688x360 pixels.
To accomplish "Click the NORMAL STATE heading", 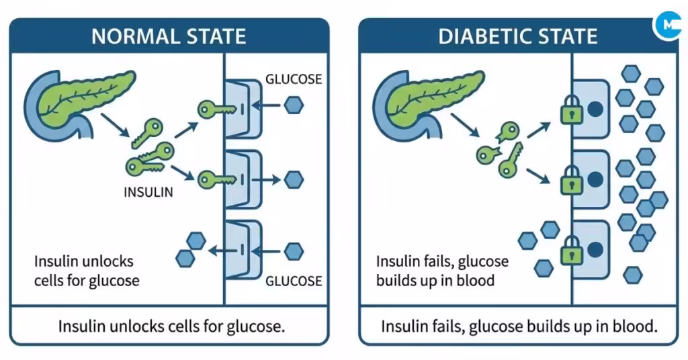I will pyautogui.click(x=169, y=36).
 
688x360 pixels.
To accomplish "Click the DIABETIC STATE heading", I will pyautogui.click(x=517, y=36).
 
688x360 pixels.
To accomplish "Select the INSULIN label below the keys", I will pyautogui.click(x=148, y=192).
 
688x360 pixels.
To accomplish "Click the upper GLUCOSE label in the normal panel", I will pyautogui.click(x=294, y=79).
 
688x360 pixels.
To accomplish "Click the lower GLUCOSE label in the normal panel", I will pyautogui.click(x=294, y=280).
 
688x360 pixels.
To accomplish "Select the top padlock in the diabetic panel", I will pyautogui.click(x=571, y=111).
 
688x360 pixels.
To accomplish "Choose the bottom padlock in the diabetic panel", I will pyautogui.click(x=571, y=253).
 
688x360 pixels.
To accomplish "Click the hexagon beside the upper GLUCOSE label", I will pyautogui.click(x=294, y=105).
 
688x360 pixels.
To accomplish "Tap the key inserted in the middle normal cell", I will pyautogui.click(x=215, y=179).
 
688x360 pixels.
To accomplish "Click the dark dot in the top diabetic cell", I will pyautogui.click(x=594, y=108).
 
